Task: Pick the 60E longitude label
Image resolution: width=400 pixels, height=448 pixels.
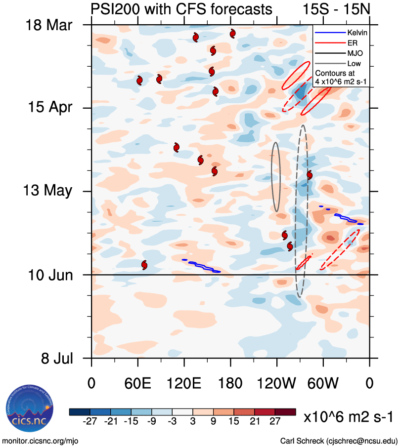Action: (x=137, y=384)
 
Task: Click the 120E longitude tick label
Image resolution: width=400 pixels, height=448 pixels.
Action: (x=184, y=384)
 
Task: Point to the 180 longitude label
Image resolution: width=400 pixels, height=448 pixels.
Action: (x=230, y=384)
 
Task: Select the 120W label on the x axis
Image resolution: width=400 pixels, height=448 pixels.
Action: (x=277, y=384)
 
